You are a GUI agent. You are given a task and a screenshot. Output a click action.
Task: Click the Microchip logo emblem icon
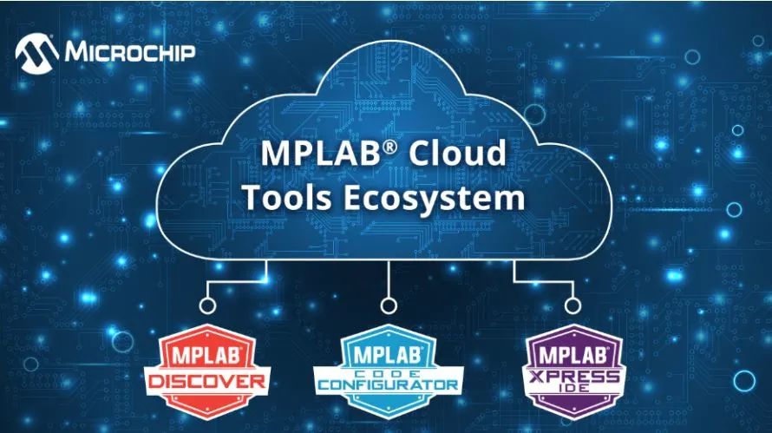click(x=37, y=53)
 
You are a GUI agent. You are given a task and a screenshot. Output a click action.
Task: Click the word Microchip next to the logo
click(x=130, y=51)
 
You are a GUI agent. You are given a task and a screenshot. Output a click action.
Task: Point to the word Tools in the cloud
click(x=288, y=198)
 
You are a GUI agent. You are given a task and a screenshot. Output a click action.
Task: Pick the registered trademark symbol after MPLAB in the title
click(x=389, y=146)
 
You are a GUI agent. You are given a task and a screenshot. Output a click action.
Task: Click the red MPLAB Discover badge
click(x=207, y=371)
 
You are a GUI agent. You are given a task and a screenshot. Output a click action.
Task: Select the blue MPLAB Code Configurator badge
click(x=389, y=371)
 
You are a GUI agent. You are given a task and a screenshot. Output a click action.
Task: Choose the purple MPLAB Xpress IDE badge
click(x=573, y=371)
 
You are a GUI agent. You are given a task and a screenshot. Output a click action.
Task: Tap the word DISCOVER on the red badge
click(x=207, y=381)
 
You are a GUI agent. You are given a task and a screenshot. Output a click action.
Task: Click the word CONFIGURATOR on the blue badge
click(x=389, y=384)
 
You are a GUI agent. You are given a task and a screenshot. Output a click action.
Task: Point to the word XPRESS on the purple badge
click(x=573, y=377)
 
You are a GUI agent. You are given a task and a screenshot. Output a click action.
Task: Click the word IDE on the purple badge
click(x=573, y=388)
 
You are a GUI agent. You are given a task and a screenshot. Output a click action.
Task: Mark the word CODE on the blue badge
click(x=389, y=373)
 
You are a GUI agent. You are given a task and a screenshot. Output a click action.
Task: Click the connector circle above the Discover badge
click(x=208, y=305)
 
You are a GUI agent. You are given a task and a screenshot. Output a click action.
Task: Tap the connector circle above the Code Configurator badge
click(x=389, y=305)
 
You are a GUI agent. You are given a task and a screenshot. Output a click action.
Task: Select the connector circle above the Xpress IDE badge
click(x=572, y=305)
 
